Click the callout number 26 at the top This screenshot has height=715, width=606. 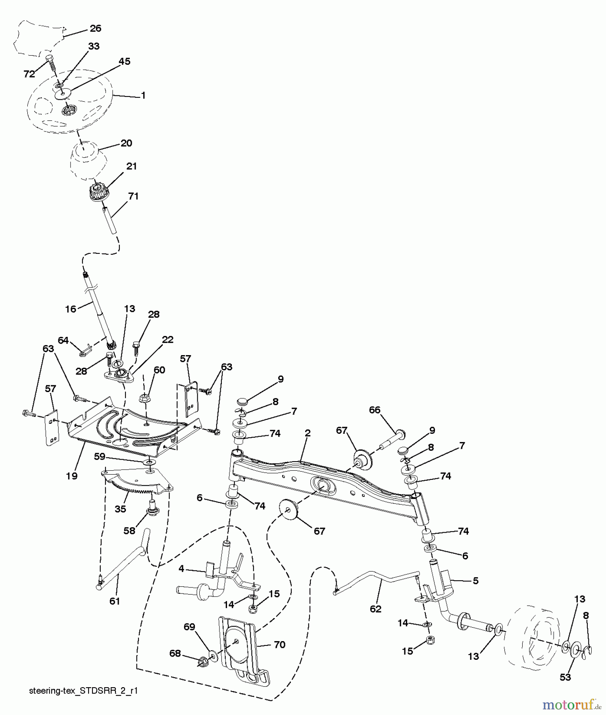(x=95, y=28)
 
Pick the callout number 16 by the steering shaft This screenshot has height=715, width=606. (x=71, y=309)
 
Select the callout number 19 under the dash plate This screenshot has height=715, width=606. (x=72, y=475)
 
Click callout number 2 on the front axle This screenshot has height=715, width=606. (x=307, y=433)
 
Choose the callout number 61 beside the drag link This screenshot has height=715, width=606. (x=114, y=601)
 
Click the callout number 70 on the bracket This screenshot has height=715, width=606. (x=279, y=645)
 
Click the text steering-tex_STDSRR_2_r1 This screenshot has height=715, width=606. (x=83, y=691)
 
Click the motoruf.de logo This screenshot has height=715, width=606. (x=572, y=705)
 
